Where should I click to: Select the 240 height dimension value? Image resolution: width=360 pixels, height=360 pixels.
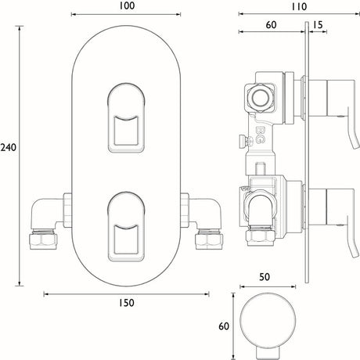pyautogui.click(x=9, y=147)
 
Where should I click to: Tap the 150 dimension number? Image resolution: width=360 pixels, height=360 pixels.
pyautogui.click(x=128, y=303)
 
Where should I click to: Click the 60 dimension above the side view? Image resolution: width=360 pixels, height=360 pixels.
pyautogui.click(x=272, y=25)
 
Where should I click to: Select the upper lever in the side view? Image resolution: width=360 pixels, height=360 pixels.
pyautogui.click(x=333, y=102)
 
